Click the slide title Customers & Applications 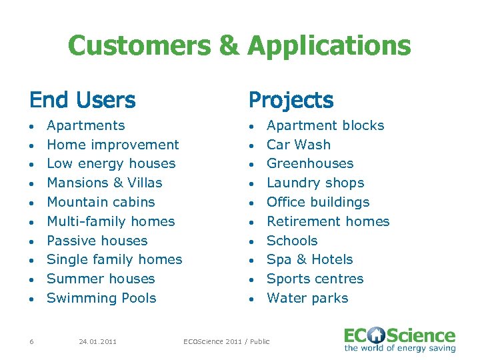239,46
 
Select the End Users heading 82,100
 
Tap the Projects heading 291,100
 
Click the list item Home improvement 113,145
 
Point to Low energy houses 111,163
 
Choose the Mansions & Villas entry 105,183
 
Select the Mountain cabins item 101,202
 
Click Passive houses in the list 97,241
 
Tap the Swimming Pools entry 101,298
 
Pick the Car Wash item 298,145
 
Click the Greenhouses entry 310,163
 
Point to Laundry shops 315,183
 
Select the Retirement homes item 328,221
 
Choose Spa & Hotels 309,259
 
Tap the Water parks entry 307,298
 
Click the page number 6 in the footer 31,342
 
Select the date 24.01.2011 97,342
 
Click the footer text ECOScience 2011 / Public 227,342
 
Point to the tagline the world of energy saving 400,348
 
